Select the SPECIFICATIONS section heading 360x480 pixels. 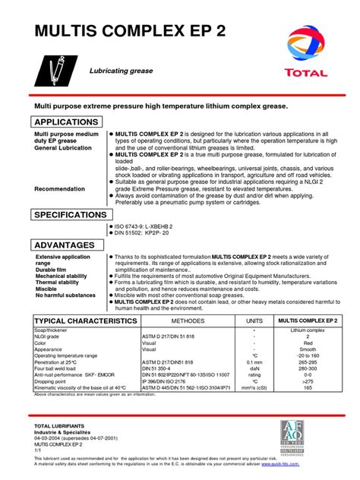pyautogui.click(x=69, y=215)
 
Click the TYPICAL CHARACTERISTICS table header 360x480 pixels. pyautogui.click(x=85, y=321)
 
